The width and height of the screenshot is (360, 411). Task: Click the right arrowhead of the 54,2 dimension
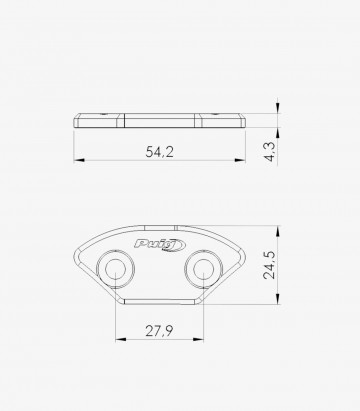click(242, 160)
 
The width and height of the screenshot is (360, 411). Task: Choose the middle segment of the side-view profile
click(160, 120)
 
